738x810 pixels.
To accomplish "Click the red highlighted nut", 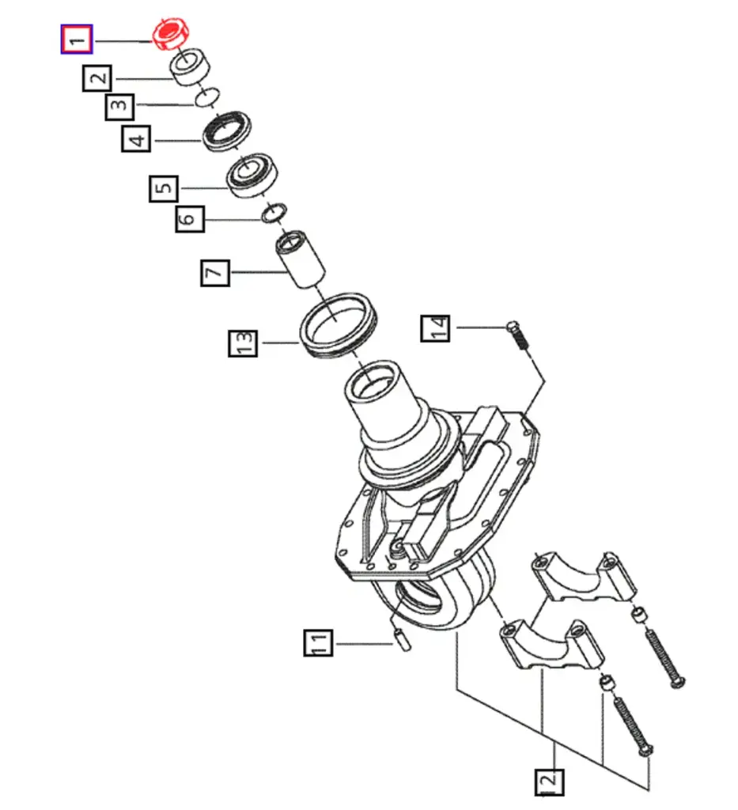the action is click(x=170, y=34).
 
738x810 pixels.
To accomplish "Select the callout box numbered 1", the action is click(x=77, y=39).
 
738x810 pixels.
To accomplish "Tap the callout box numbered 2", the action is click(x=97, y=78).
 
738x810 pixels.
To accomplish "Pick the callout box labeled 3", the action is click(x=119, y=107).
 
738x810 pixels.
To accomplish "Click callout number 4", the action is click(x=136, y=138).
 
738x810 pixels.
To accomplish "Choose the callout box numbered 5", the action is click(x=164, y=188).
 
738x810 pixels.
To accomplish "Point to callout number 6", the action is click(x=190, y=218).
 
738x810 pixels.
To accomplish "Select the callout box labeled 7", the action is click(x=215, y=272).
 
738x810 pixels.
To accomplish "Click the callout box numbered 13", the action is click(x=243, y=343).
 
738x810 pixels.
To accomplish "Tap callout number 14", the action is click(x=435, y=327).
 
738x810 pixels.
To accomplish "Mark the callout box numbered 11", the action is click(x=318, y=642).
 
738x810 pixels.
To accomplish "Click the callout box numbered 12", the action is click(x=549, y=782).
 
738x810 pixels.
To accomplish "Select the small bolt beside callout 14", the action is click(x=518, y=335).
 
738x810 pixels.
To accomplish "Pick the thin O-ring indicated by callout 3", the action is click(x=207, y=97).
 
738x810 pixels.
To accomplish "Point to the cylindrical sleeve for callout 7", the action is click(x=300, y=259).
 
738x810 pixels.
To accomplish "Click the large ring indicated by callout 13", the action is click(x=339, y=326).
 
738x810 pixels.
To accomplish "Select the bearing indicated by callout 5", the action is click(x=252, y=175).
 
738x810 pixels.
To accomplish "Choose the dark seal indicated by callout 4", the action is click(x=227, y=131).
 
